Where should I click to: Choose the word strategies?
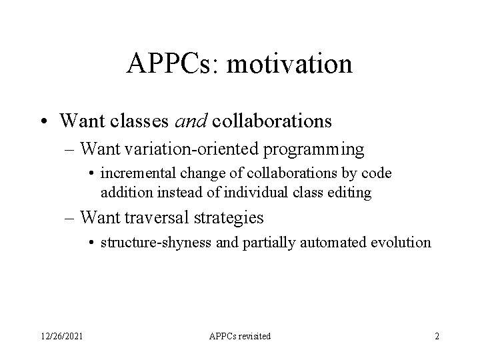[x=227, y=218]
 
